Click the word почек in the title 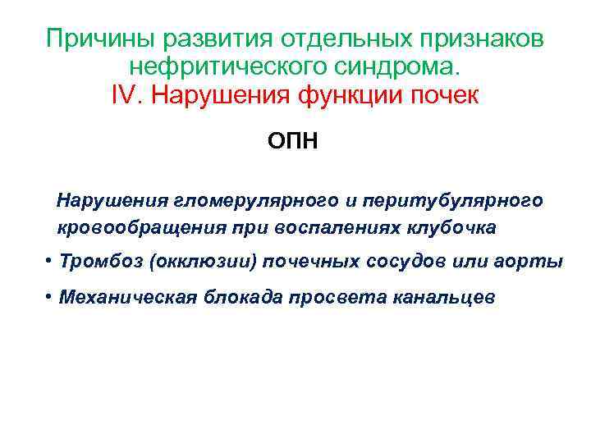click(x=447, y=95)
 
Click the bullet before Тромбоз click(x=51, y=261)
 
